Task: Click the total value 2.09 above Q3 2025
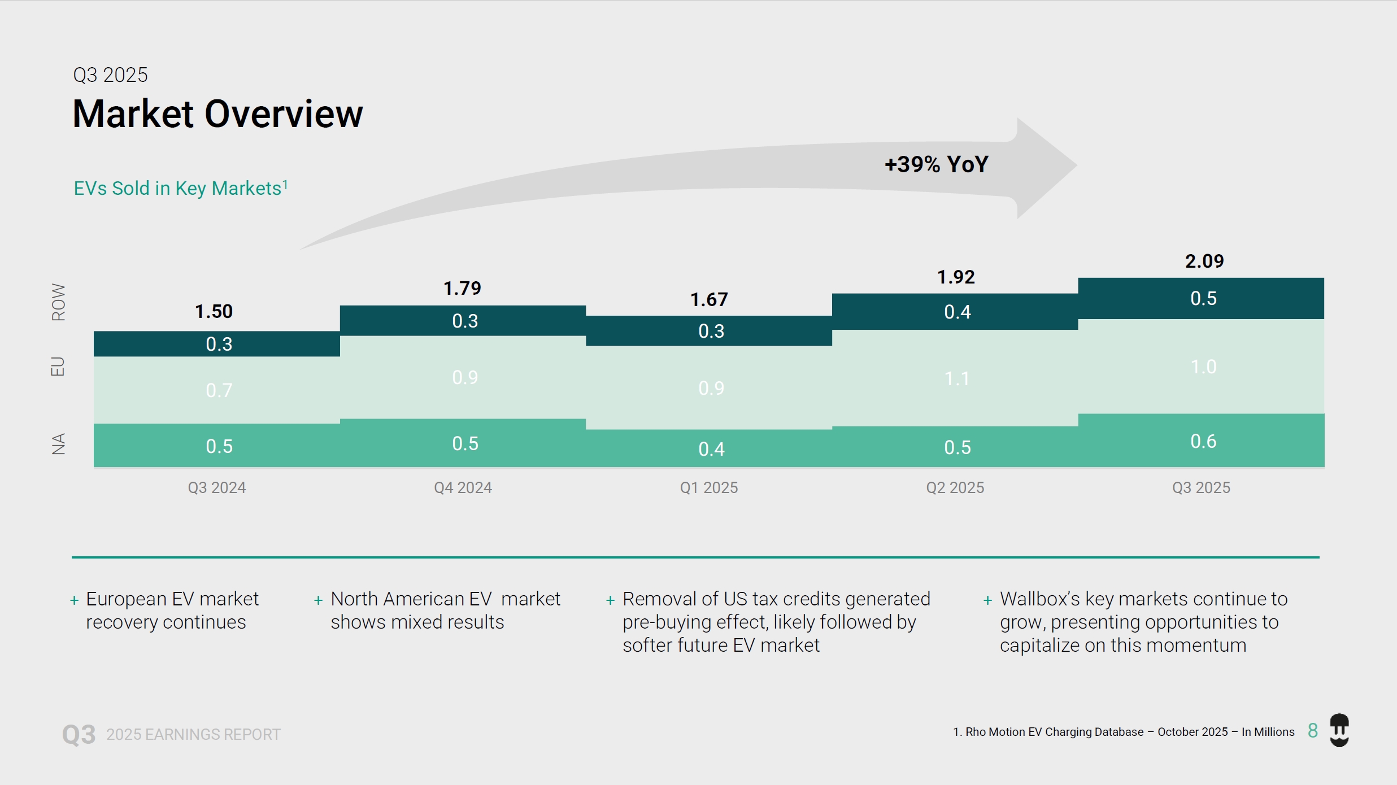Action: pyautogui.click(x=1204, y=261)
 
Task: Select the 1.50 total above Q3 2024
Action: pyautogui.click(x=214, y=311)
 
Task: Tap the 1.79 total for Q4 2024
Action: pyautogui.click(x=462, y=288)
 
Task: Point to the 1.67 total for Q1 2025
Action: pyautogui.click(x=709, y=299)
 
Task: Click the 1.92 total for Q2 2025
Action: pyautogui.click(x=956, y=277)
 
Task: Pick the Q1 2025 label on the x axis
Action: pyautogui.click(x=709, y=487)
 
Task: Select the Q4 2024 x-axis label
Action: pyautogui.click(x=463, y=487)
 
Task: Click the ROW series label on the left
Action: pyautogui.click(x=58, y=302)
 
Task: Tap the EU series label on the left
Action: pyautogui.click(x=58, y=367)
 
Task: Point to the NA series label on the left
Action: pyautogui.click(x=58, y=444)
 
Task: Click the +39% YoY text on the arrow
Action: pyautogui.click(x=936, y=164)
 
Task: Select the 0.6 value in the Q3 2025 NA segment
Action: pyautogui.click(x=1203, y=441)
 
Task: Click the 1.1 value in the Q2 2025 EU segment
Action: pyautogui.click(x=957, y=378)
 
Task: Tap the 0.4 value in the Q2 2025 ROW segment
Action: pyautogui.click(x=957, y=312)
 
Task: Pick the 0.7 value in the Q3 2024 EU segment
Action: pyautogui.click(x=219, y=390)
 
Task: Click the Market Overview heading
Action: pyautogui.click(x=217, y=114)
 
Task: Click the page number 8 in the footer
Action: pyautogui.click(x=1312, y=731)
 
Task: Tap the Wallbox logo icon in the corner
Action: pyautogui.click(x=1339, y=730)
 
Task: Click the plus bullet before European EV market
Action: pyautogui.click(x=74, y=600)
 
